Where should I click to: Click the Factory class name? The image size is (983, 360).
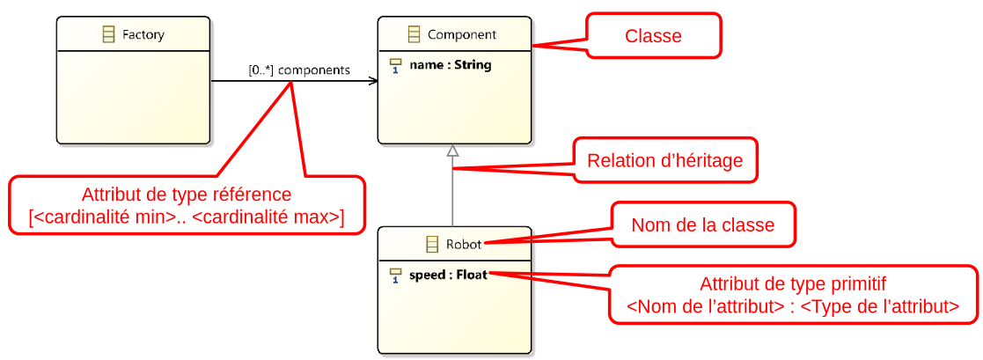(143, 35)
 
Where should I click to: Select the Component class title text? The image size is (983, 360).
(462, 35)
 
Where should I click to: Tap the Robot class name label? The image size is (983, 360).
(464, 244)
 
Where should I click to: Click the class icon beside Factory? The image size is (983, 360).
(109, 35)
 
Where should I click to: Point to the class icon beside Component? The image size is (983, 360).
(414, 35)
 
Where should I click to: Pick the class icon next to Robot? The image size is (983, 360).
(432, 244)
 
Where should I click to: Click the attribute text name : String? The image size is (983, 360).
(450, 65)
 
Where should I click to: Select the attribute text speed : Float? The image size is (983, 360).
(449, 275)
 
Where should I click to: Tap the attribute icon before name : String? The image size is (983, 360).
(395, 66)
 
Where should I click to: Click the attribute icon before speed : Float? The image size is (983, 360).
(395, 276)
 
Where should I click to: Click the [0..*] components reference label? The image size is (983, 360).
(299, 70)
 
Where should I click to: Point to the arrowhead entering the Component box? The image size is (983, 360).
(374, 82)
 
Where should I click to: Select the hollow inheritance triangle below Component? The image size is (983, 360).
(452, 151)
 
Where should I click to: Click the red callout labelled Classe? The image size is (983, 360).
(653, 36)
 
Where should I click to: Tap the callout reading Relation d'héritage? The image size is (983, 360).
(664, 160)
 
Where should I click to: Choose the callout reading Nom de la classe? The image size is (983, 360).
(702, 225)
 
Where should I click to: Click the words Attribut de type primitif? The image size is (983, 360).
(792, 284)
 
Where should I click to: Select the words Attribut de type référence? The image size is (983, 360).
(187, 195)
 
